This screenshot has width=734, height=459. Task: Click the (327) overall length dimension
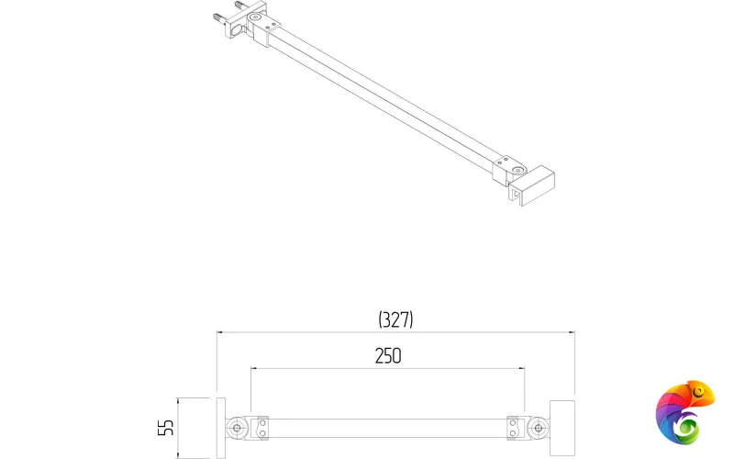pyautogui.click(x=395, y=319)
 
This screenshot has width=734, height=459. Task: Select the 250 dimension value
pyautogui.click(x=387, y=356)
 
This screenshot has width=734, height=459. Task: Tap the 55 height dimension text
pyautogui.click(x=166, y=427)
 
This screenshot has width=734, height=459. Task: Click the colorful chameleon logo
pyautogui.click(x=684, y=409)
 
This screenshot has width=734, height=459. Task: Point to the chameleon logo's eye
pyautogui.click(x=702, y=394)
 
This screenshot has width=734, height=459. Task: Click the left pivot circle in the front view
pyautogui.click(x=239, y=427)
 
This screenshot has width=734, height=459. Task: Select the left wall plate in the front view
pyautogui.click(x=219, y=427)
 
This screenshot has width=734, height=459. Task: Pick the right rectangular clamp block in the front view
pyautogui.click(x=562, y=427)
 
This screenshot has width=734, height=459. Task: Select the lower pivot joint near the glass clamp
pyautogui.click(x=517, y=170)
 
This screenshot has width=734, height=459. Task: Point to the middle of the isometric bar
pyautogui.click(x=385, y=97)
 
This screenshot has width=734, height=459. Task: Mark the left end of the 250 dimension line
pyautogui.click(x=252, y=369)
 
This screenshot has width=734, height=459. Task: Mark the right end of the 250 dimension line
pyautogui.click(x=524, y=369)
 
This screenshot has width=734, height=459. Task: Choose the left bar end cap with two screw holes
pyautogui.click(x=262, y=428)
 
